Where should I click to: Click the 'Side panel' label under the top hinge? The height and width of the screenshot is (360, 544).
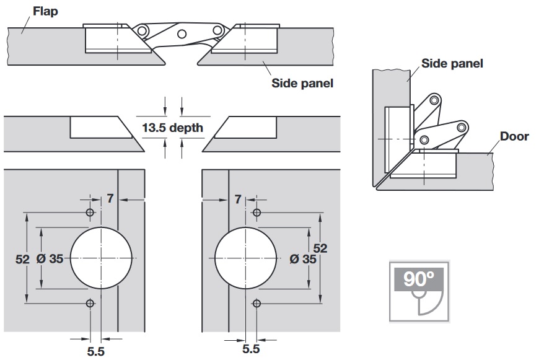point(302,82)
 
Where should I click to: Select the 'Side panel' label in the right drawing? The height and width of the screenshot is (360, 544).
point(452,63)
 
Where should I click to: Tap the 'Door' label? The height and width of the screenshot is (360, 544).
point(514,136)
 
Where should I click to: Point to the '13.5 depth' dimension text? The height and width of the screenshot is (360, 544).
point(172,128)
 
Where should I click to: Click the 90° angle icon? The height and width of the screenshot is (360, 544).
point(419,291)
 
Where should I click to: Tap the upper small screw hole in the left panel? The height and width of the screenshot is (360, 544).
point(90,213)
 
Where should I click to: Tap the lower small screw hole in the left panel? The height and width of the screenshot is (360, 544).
point(90,303)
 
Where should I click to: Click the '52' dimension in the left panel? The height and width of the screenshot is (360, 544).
point(22,260)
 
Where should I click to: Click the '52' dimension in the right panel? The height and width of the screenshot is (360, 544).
point(320,248)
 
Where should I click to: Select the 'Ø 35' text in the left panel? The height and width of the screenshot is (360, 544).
point(50,260)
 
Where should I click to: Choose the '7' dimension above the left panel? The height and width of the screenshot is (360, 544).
point(110,199)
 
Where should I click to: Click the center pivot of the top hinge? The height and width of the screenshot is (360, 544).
point(182,35)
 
